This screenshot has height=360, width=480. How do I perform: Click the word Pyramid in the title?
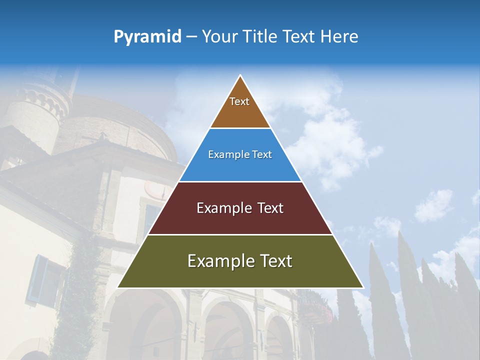tap(147, 37)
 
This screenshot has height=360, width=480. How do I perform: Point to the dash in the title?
tap(191, 37)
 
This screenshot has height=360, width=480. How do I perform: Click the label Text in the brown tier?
tap(239, 101)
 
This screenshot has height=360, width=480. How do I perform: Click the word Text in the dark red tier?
tap(270, 208)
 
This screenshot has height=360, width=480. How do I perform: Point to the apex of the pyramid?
tap(240, 75)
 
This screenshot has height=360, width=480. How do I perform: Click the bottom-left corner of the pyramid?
tap(118, 287)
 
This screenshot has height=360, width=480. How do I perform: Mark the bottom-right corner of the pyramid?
tap(363, 287)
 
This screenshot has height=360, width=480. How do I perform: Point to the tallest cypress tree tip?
tap(400, 233)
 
